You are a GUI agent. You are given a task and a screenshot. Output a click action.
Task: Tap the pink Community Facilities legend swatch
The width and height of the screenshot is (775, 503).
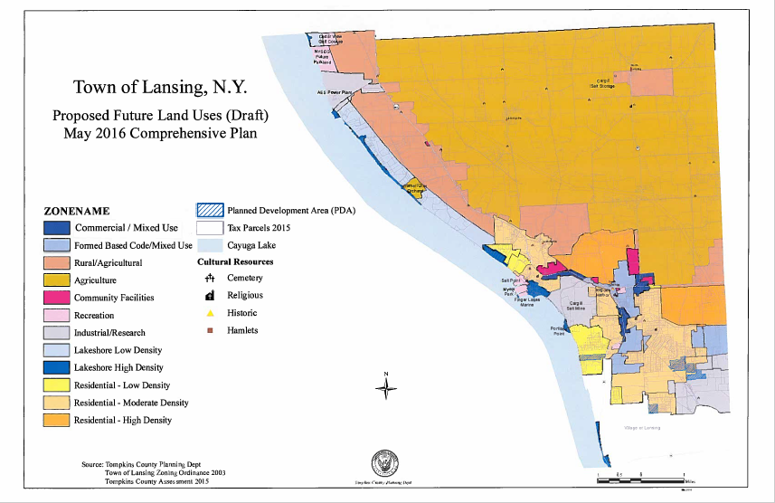58,298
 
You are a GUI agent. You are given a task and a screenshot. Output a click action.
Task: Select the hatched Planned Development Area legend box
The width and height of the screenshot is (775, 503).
211,211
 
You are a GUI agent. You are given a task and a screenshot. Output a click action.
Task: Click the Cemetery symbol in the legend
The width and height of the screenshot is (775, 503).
210,279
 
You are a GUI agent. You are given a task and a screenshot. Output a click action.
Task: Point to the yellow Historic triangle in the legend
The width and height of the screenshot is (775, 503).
210,313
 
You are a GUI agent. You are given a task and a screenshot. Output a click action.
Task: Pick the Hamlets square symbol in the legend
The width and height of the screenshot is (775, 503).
210,330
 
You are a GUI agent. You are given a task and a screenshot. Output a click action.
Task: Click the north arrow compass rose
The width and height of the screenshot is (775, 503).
386,388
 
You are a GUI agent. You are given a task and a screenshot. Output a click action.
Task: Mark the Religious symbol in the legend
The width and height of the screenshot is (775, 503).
210,296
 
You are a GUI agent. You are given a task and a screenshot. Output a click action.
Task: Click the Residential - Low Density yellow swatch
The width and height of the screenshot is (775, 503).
58,385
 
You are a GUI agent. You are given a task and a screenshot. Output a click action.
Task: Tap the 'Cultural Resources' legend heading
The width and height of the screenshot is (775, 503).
235,261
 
